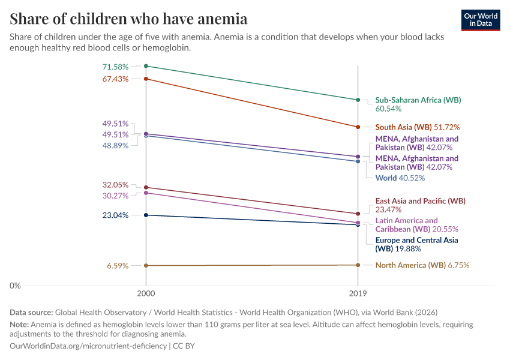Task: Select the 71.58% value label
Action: click(116, 66)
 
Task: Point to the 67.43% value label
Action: click(116, 79)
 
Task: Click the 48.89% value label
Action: click(116, 145)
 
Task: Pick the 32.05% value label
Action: click(116, 185)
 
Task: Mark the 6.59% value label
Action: click(118, 265)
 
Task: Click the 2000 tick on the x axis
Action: click(146, 295)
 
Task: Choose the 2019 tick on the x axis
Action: click(358, 295)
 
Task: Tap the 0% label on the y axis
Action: click(15, 286)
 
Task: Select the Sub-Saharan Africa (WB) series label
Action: click(418, 100)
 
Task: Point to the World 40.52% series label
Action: click(400, 178)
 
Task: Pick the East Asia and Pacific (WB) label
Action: click(420, 201)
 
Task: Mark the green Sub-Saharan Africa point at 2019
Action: click(358, 100)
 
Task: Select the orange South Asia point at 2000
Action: click(146, 79)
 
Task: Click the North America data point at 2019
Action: click(358, 265)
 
